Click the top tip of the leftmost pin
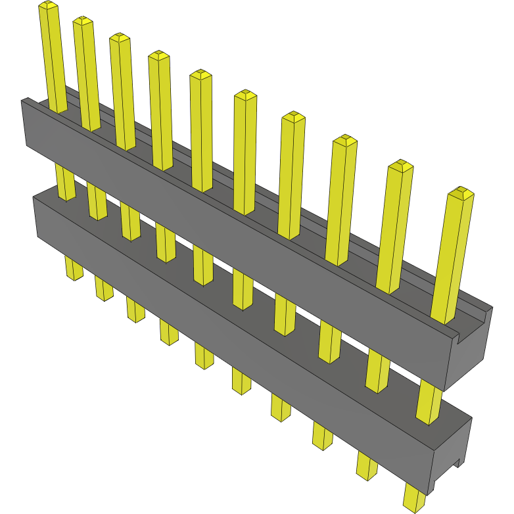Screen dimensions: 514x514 coord(48,6)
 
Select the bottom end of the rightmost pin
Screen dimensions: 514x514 coord(414,503)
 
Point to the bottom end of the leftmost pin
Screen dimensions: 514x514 coord(73,275)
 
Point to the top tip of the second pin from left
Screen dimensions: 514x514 coord(83,21)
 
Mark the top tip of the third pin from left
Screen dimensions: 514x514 coord(120,37)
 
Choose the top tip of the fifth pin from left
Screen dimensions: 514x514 coord(200,74)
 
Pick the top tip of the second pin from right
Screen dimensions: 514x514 coord(400,164)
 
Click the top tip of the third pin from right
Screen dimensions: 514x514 coord(344,139)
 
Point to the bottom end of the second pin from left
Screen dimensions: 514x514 coord(104,294)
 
